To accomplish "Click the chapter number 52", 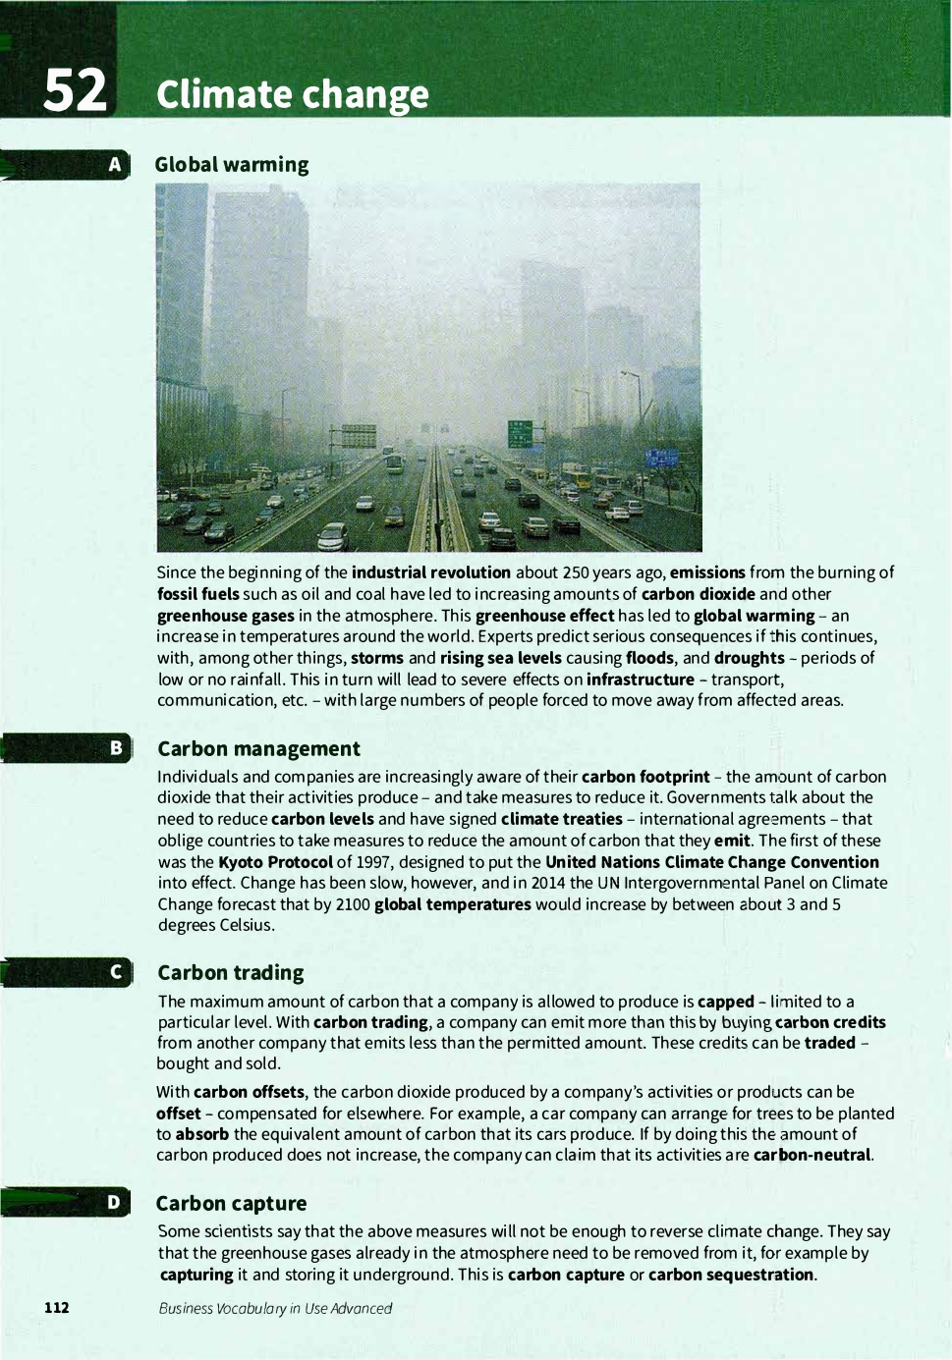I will point(75,90).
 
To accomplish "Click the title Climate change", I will point(292,94).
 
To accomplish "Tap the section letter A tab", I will point(115,164).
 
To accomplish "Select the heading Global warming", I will point(232,165).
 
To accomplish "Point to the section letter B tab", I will point(115,748).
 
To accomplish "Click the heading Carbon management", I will point(258,749).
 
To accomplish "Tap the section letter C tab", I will point(115,972).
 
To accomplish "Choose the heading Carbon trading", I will point(231,973).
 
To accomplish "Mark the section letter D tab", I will point(115,1203).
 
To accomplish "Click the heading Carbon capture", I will point(231,1204).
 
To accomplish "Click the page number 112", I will point(57,1307).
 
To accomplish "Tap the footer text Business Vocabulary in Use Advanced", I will point(275,1308).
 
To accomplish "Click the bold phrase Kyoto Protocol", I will point(275,862).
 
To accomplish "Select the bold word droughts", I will point(749,658).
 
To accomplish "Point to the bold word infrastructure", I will point(640,680).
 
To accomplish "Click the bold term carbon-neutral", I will point(812,1155).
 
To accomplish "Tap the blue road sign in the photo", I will point(661,458).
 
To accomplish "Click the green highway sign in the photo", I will point(520,432).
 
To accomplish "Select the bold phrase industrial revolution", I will point(430,572).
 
